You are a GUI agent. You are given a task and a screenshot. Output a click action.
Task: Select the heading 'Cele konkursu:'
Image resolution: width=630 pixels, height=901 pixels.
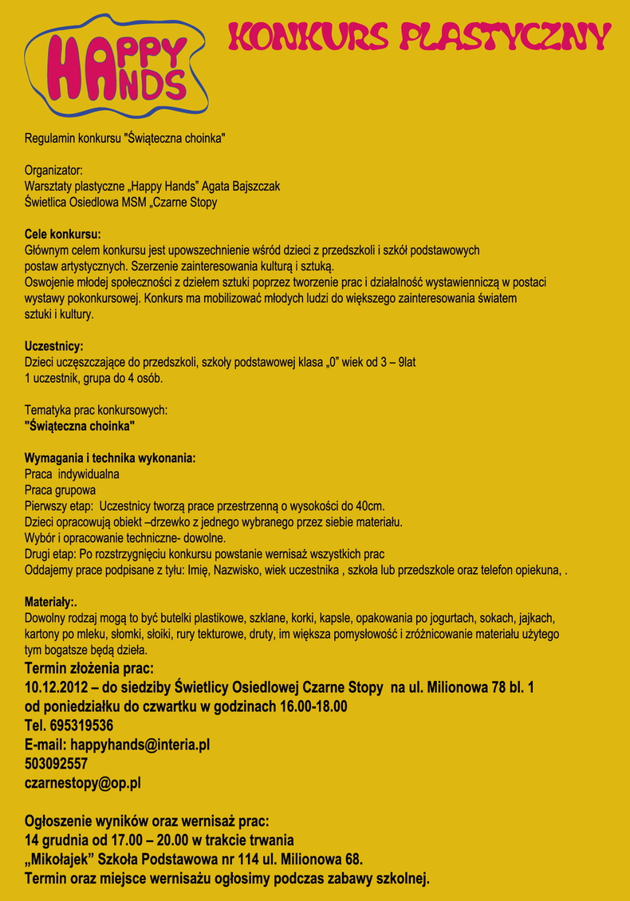point(63,234)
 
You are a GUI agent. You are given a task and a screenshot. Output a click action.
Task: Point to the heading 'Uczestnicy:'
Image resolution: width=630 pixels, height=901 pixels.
point(54,346)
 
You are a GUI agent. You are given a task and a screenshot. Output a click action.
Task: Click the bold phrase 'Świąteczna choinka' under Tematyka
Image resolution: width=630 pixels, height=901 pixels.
point(80,426)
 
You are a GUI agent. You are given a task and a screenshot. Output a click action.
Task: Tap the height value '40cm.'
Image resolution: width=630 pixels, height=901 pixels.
point(371,506)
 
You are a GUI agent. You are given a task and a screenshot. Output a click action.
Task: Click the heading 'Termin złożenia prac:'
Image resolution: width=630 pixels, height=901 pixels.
point(89,667)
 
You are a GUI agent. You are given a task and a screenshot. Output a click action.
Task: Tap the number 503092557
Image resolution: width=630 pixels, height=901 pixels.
point(56,763)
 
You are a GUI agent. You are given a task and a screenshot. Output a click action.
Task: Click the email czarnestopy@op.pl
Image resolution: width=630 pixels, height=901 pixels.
point(83,782)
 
